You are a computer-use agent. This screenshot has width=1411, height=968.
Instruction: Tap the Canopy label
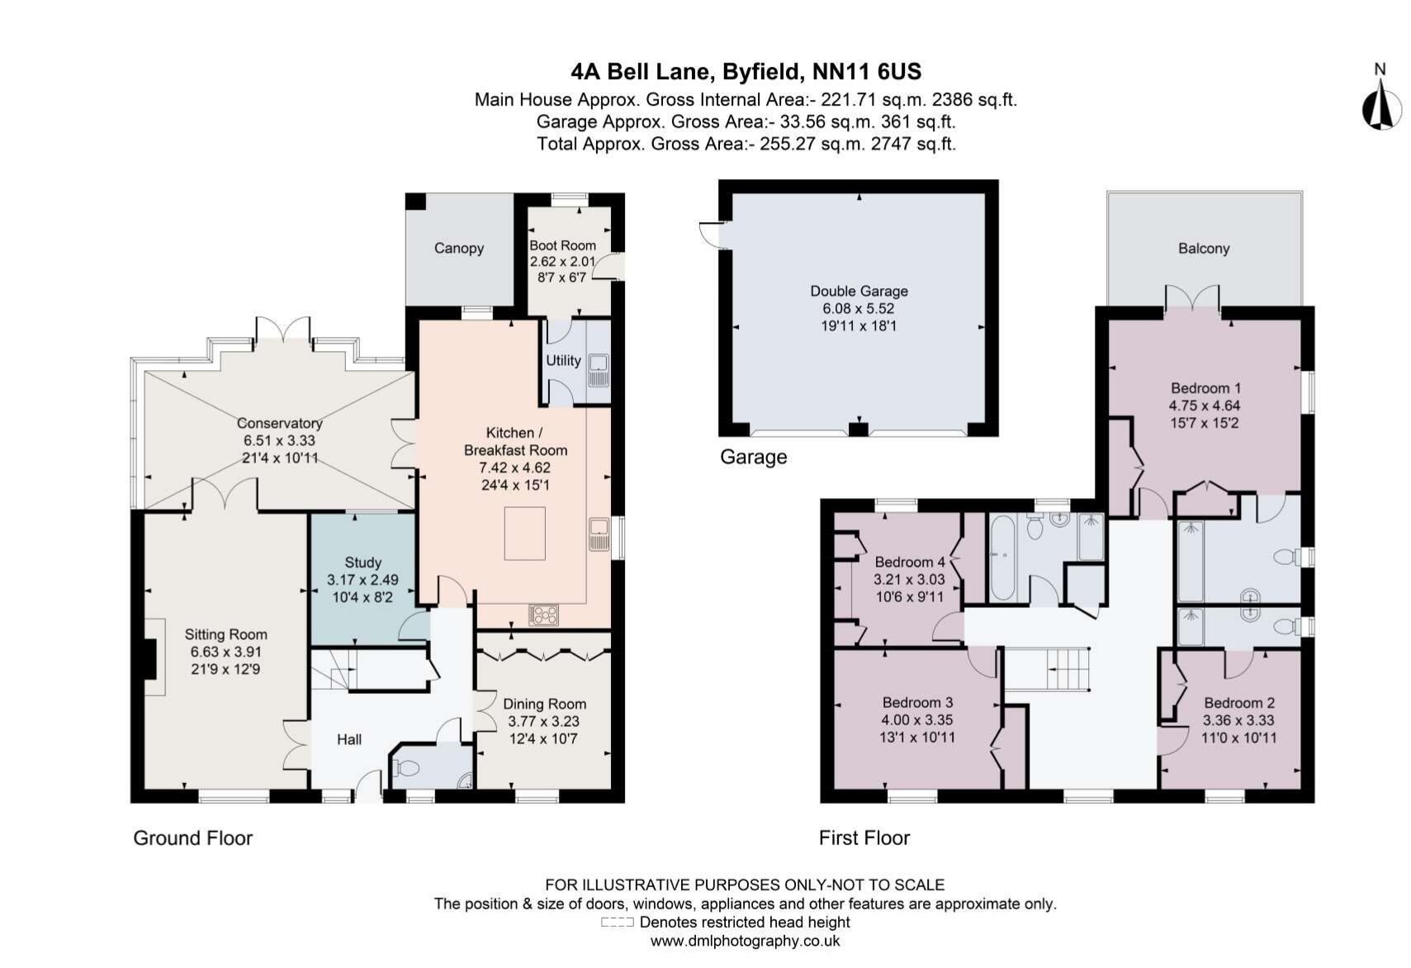pyautogui.click(x=458, y=248)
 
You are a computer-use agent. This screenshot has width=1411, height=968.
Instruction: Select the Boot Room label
pyautogui.click(x=562, y=245)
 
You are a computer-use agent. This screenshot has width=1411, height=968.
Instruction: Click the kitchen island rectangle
pyautogui.click(x=525, y=534)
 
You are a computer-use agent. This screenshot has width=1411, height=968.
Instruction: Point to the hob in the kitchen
pyautogui.click(x=543, y=614)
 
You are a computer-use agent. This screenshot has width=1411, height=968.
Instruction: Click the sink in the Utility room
pyautogui.click(x=599, y=368)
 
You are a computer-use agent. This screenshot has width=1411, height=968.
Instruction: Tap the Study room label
pyautogui.click(x=362, y=562)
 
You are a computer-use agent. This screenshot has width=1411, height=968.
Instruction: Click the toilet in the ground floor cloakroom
pyautogui.click(x=407, y=768)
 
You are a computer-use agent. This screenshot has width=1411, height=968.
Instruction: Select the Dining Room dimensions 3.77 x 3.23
pyautogui.click(x=544, y=721)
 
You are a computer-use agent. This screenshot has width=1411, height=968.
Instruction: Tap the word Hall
pyautogui.click(x=348, y=739)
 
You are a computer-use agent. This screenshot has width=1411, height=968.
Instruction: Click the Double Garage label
pyautogui.click(x=859, y=291)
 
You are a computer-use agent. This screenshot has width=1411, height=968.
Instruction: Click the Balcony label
pyautogui.click(x=1203, y=248)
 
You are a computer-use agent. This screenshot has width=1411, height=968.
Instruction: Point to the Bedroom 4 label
pyautogui.click(x=909, y=562)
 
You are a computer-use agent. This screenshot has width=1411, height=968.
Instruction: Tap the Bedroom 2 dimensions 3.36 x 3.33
pyautogui.click(x=1238, y=720)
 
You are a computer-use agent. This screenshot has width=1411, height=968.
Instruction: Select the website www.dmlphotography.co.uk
pyautogui.click(x=745, y=941)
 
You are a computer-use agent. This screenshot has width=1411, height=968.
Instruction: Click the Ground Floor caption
pyautogui.click(x=192, y=838)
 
